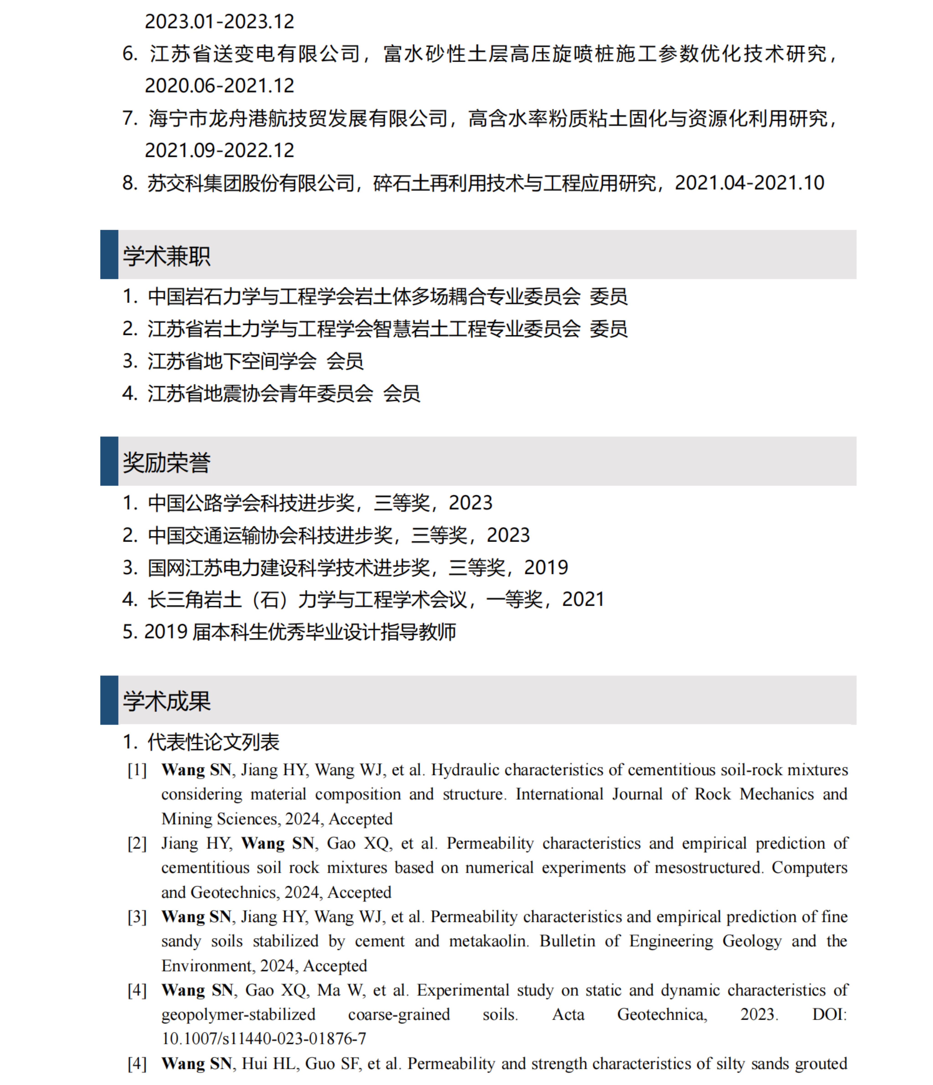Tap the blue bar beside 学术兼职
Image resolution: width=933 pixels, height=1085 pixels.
tap(109, 255)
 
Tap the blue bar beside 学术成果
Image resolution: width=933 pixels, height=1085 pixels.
tap(109, 700)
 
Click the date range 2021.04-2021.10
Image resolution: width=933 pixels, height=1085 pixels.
tap(749, 183)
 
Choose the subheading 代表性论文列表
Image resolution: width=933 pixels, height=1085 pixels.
tap(213, 742)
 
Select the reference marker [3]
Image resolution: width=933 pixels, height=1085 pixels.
tap(137, 917)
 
